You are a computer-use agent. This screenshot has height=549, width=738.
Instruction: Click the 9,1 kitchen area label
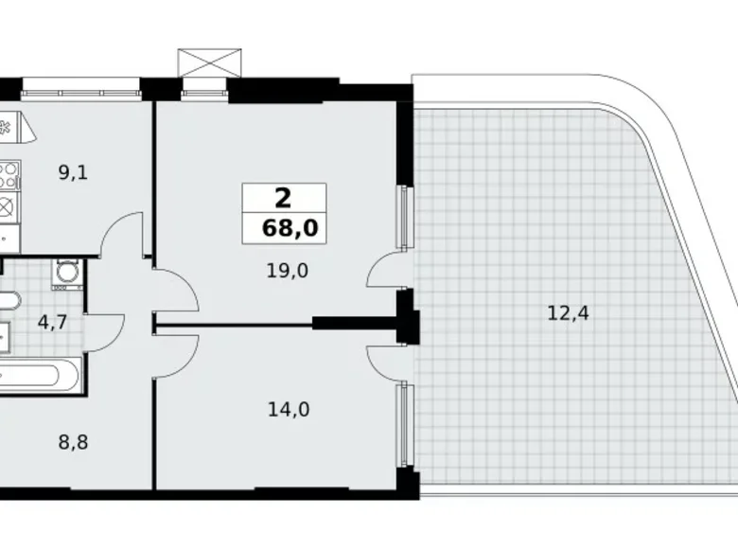tap(71, 172)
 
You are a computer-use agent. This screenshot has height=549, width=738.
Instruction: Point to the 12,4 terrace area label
tap(569, 311)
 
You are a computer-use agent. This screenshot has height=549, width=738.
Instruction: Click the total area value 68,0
tap(285, 228)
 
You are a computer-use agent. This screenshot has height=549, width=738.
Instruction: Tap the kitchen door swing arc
tap(120, 237)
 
